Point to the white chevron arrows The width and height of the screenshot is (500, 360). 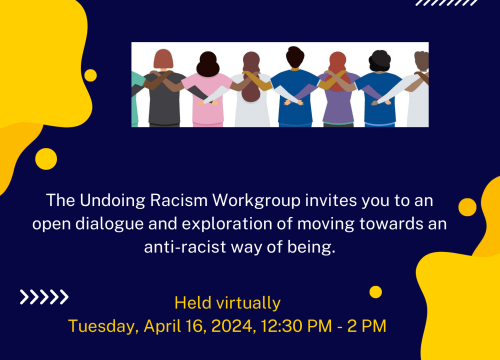pos(44,296)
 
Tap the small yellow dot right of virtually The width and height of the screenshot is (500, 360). pos(375,292)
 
